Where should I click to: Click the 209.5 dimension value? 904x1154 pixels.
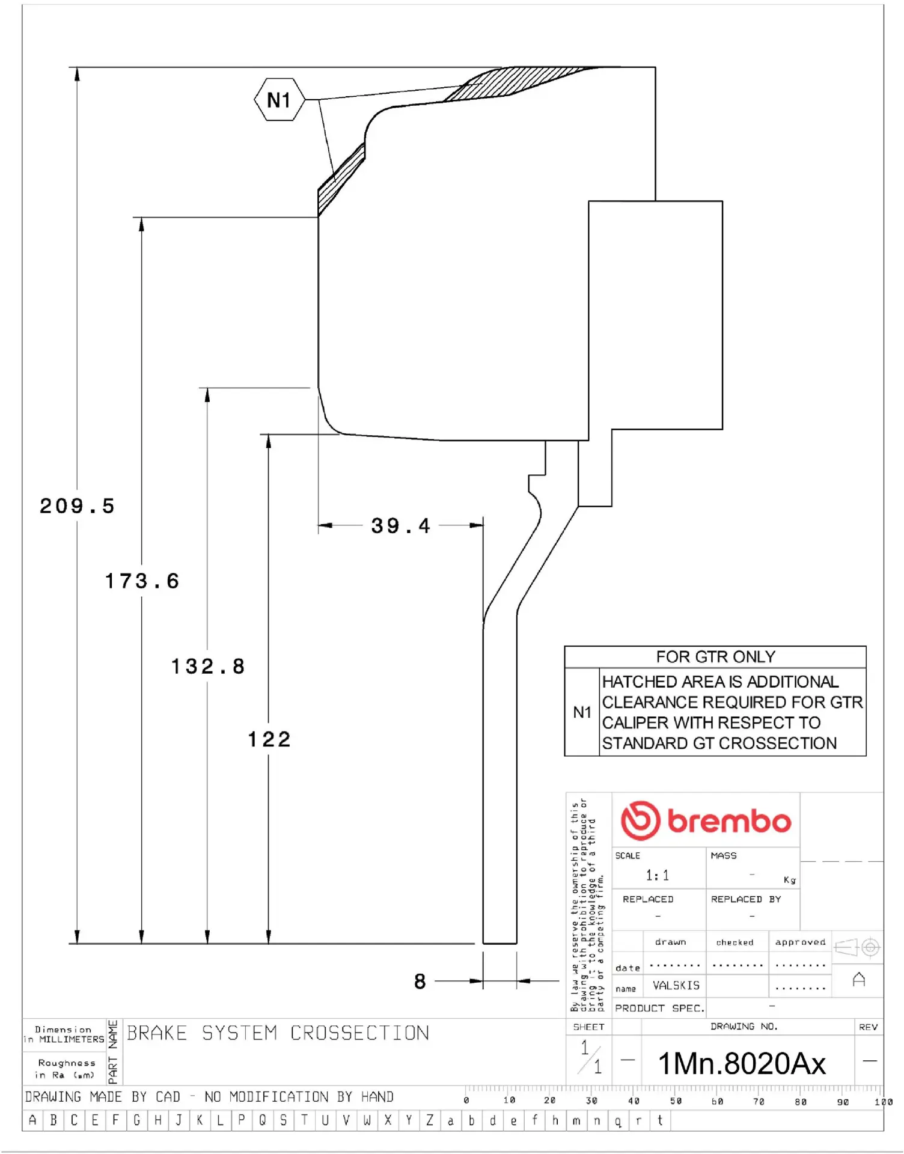(77, 506)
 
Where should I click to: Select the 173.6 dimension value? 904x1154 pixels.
(142, 581)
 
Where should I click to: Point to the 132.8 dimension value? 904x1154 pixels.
(208, 667)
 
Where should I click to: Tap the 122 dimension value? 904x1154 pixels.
(269, 739)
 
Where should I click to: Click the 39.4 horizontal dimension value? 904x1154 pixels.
(401, 526)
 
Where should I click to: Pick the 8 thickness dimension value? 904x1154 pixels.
(420, 982)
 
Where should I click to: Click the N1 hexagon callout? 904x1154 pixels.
(279, 100)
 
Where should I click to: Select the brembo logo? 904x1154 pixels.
(706, 820)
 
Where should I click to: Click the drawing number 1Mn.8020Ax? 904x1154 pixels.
(742, 1064)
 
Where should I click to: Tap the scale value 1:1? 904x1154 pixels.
(657, 875)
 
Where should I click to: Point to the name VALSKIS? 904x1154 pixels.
(676, 986)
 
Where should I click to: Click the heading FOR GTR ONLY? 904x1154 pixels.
(715, 657)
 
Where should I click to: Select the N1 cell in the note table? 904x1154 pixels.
(582, 712)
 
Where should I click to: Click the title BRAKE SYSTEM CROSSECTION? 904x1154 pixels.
(278, 1033)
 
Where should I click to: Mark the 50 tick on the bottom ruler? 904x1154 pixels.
(676, 1101)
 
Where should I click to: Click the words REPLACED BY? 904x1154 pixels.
(745, 899)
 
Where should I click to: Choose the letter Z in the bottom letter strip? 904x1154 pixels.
(430, 1120)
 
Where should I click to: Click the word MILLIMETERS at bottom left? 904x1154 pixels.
(72, 1039)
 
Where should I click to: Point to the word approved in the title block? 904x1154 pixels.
(800, 942)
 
